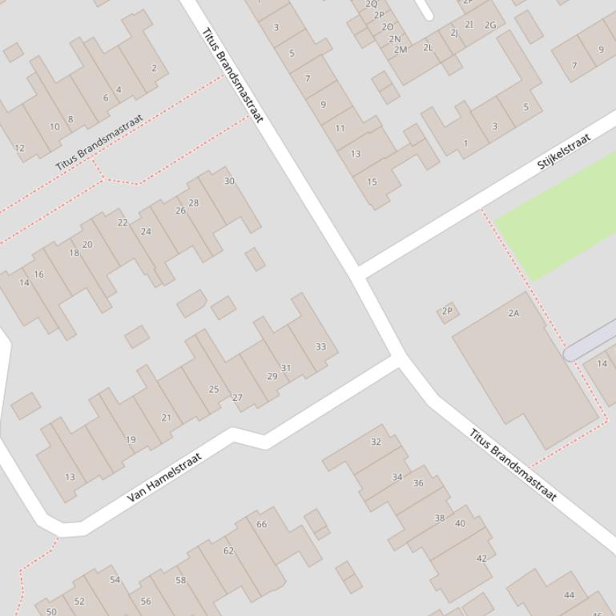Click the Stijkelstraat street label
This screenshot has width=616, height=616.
[564, 150]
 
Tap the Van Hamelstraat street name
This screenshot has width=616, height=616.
[164, 478]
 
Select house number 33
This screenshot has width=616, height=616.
[321, 347]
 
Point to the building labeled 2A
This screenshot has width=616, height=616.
[513, 313]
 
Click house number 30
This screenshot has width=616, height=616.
[229, 181]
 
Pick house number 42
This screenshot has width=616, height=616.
[481, 558]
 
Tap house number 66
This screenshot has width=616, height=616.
[261, 524]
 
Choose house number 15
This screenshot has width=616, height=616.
[372, 182]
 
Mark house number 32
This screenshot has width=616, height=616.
[376, 442]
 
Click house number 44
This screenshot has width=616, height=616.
[570, 594]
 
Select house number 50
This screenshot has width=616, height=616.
[51, 611]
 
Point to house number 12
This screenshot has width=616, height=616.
[20, 148]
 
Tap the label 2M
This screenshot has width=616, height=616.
[401, 50]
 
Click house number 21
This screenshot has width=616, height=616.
[166, 417]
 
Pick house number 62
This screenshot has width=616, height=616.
[228, 550]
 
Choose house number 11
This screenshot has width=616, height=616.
[340, 128]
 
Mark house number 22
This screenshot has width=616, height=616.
[123, 222]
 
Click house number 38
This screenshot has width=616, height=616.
[439, 518]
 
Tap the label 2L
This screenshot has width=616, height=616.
[428, 47]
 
